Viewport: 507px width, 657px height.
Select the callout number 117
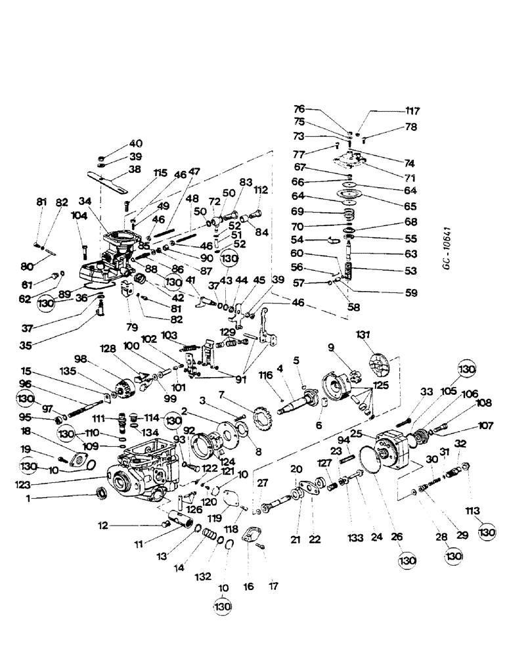412,111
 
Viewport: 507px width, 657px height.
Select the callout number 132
203,576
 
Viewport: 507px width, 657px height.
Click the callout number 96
26,384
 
